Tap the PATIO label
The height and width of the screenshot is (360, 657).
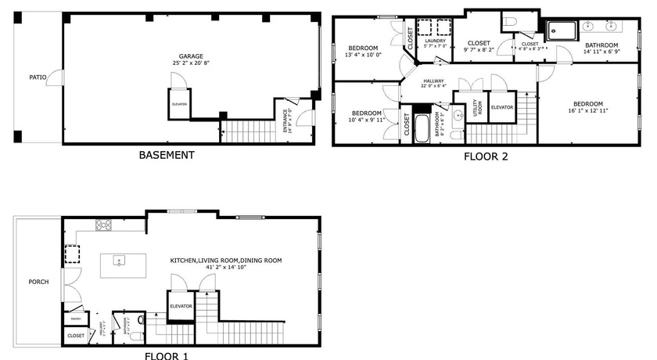click(x=38, y=77)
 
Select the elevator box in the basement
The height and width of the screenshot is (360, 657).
click(x=180, y=104)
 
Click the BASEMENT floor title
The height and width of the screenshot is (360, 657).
click(x=167, y=155)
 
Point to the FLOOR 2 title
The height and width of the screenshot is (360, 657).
click(x=486, y=157)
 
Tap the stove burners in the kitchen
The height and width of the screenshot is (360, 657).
click(x=103, y=225)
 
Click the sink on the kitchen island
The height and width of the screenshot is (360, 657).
click(x=120, y=261)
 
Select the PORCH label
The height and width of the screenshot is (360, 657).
click(x=38, y=282)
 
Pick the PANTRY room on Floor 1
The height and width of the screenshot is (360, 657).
click(x=77, y=319)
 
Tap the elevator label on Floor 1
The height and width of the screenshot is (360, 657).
click(x=181, y=306)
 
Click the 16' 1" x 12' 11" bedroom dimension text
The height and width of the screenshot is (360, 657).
click(x=587, y=110)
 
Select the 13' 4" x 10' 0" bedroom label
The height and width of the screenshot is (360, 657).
click(x=363, y=51)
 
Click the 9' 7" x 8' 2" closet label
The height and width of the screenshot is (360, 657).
click(x=479, y=46)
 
